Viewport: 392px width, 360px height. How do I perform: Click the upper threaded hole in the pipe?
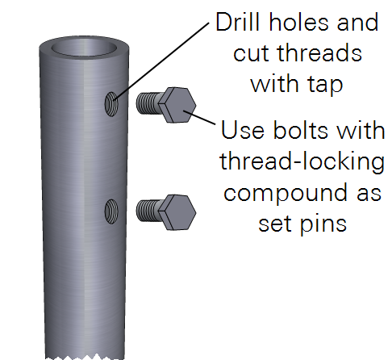[x=111, y=104]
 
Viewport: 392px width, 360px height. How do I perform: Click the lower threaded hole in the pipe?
[x=111, y=211]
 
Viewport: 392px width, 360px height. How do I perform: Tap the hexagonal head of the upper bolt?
[x=177, y=105]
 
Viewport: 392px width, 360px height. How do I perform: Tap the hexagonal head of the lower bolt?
[x=177, y=212]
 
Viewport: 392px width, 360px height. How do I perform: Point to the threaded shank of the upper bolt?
[x=148, y=103]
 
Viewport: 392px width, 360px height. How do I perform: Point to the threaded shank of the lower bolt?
[x=148, y=211]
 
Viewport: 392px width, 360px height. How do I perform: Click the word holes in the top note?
[x=298, y=22]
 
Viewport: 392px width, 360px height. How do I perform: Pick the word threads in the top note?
[x=319, y=52]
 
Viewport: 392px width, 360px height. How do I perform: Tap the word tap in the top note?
[x=326, y=85]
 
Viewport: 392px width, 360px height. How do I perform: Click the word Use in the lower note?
[x=243, y=130]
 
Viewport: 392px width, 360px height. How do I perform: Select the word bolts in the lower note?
[x=302, y=130]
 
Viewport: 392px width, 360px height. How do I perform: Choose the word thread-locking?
[x=302, y=161]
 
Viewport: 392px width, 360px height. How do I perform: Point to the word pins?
[x=323, y=224]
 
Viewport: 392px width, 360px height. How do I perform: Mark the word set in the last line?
[x=275, y=224]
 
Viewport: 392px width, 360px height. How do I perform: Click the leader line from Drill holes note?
[x=161, y=61]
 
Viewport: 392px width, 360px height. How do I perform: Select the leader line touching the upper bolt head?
[x=199, y=118]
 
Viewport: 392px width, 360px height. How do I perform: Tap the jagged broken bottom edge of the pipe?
[x=85, y=358]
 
